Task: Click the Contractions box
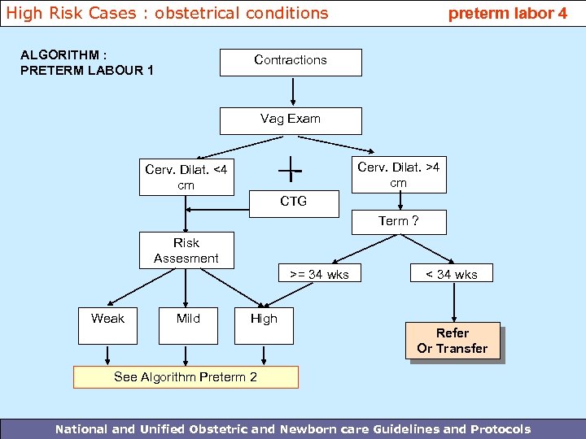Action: (x=291, y=62)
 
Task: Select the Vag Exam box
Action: (x=291, y=120)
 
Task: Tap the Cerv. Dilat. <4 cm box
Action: (x=186, y=177)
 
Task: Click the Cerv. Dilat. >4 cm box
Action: (x=398, y=175)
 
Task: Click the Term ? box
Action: (x=399, y=221)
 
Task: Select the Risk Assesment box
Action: (x=186, y=250)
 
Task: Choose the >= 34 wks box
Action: (x=317, y=274)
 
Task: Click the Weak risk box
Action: (x=107, y=319)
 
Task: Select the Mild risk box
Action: (x=188, y=319)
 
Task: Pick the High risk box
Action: (x=264, y=319)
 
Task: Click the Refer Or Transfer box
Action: (x=453, y=341)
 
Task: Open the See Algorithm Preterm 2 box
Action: (x=186, y=377)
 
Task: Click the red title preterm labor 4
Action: (x=508, y=13)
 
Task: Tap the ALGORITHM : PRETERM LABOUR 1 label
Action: (x=86, y=63)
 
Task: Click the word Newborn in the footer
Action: (x=320, y=429)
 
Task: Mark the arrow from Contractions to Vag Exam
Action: (x=291, y=92)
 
